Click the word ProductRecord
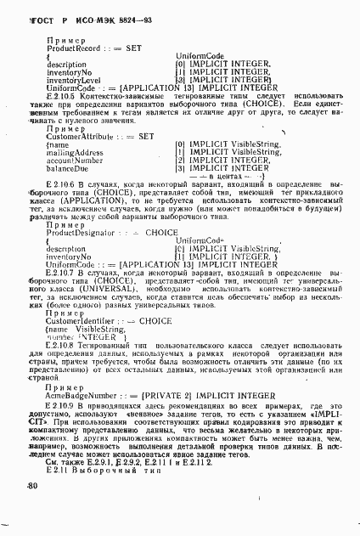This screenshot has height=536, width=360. tap(68, 48)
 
